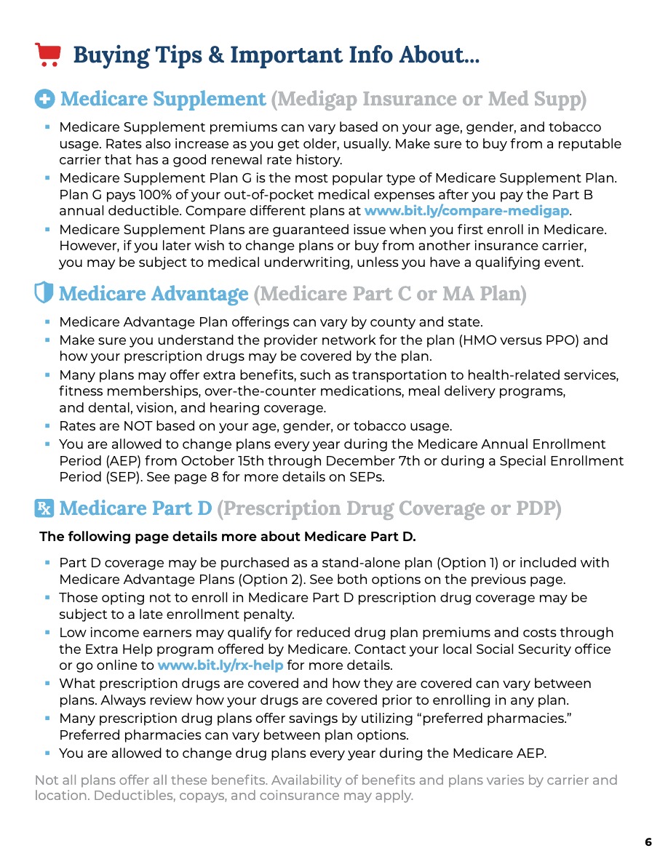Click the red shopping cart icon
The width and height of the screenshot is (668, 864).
(x=47, y=55)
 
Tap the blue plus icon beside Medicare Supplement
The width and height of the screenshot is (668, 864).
(x=44, y=99)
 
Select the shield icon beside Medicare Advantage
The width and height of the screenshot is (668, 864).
(x=44, y=293)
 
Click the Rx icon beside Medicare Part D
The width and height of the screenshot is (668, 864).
(x=44, y=508)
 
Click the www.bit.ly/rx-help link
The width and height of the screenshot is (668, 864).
(x=220, y=665)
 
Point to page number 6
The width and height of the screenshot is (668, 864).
(x=648, y=842)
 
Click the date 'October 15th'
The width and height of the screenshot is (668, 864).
(x=222, y=461)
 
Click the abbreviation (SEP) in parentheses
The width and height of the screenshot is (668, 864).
(x=122, y=479)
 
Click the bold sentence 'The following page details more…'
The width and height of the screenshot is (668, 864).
(x=227, y=537)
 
